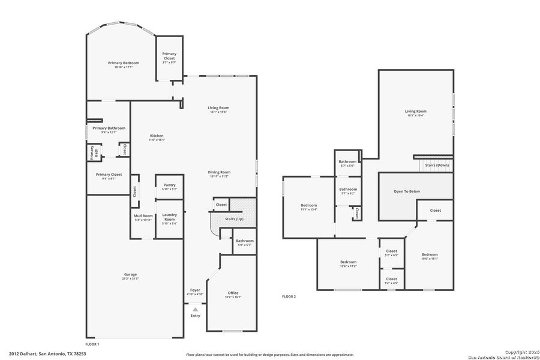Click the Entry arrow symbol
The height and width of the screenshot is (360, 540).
click(x=195, y=309)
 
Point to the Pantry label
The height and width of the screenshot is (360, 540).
click(x=169, y=187)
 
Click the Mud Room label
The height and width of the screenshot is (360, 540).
click(x=143, y=217)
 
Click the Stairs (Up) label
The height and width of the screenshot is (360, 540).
click(x=234, y=220)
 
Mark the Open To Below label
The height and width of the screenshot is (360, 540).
click(x=407, y=191)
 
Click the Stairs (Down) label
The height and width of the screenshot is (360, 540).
click(x=437, y=164)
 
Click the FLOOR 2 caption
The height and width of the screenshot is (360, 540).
click(x=289, y=296)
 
